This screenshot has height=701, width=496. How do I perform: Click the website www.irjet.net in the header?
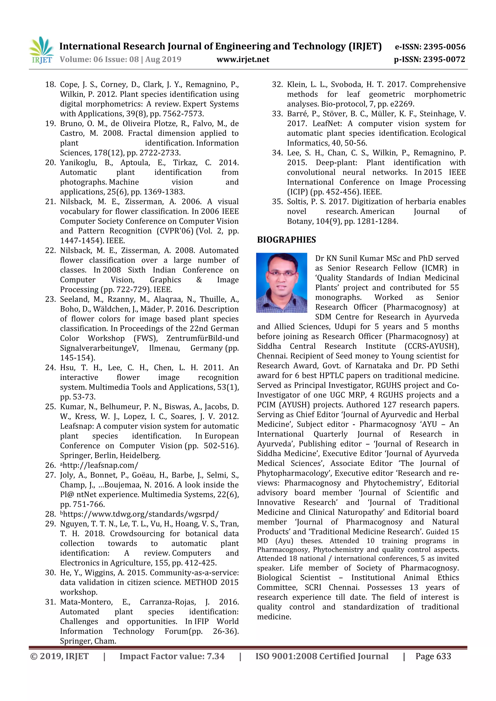(x=243, y=60)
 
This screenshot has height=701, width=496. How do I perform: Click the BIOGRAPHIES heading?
(x=286, y=240)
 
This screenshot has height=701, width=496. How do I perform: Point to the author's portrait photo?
(x=281, y=282)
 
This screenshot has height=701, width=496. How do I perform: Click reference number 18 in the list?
(x=50, y=84)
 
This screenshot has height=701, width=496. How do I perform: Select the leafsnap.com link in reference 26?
(x=101, y=465)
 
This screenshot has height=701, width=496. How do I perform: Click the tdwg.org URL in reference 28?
(x=140, y=514)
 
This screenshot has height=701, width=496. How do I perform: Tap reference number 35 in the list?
(x=277, y=202)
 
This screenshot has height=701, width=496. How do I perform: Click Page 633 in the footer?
(x=433, y=656)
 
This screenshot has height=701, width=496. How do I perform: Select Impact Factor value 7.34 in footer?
(x=172, y=656)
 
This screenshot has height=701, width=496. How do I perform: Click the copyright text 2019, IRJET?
(x=60, y=656)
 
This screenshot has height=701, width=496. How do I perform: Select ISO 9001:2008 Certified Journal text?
(x=322, y=656)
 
